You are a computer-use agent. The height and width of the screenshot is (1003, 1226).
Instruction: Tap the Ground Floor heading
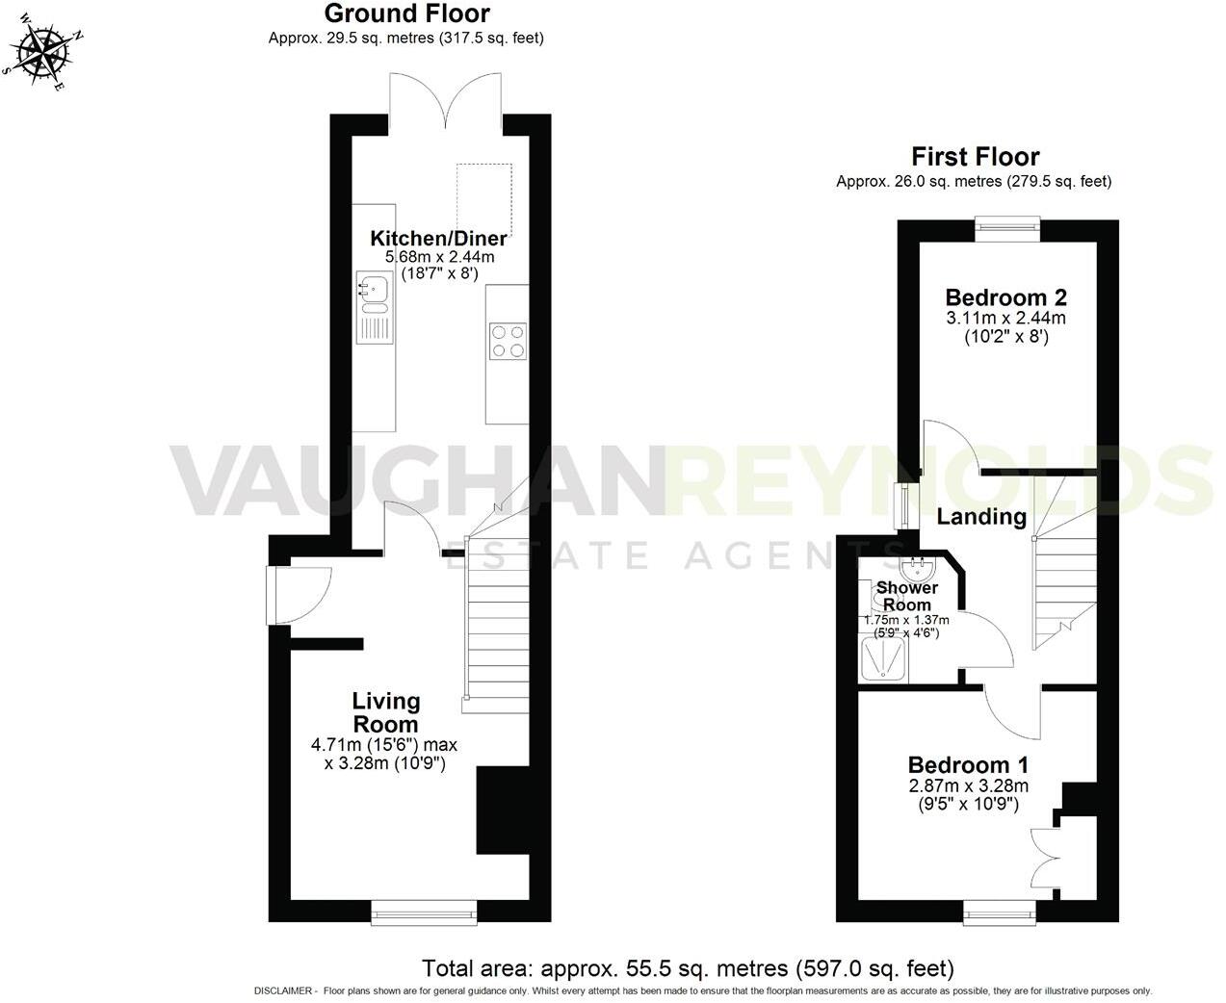406,13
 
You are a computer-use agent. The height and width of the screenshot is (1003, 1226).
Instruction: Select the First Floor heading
975,156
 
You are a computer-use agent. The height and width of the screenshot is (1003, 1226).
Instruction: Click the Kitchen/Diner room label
439,239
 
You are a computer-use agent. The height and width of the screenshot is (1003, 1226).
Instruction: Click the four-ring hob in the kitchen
509,341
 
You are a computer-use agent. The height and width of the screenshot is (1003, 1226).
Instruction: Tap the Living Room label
385,712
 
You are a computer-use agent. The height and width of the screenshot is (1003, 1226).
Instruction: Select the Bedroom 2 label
1005,297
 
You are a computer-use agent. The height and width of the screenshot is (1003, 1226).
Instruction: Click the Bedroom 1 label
968,765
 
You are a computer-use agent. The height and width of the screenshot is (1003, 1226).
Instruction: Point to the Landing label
981,517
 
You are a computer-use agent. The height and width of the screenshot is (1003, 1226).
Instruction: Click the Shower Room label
906,596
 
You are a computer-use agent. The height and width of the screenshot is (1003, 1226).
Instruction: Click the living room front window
424,910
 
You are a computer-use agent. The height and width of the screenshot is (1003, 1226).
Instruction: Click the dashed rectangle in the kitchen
483,199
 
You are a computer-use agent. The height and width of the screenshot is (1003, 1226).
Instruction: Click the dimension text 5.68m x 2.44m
439,257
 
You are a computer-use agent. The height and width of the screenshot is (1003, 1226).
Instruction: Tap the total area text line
688,967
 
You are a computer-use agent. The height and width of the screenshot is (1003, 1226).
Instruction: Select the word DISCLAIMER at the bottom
284,991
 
